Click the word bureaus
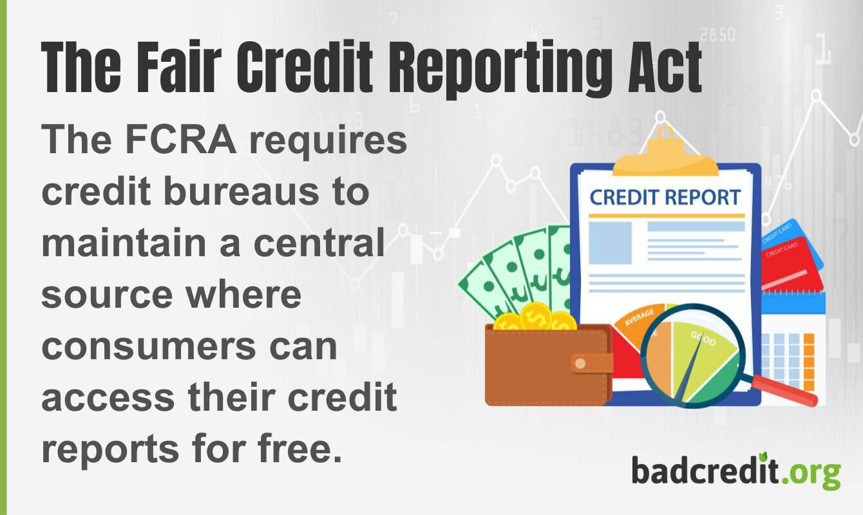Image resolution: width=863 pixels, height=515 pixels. click(253, 192)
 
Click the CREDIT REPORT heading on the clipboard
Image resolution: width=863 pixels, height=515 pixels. click(665, 197)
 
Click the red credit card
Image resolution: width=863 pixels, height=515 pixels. click(791, 264)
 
